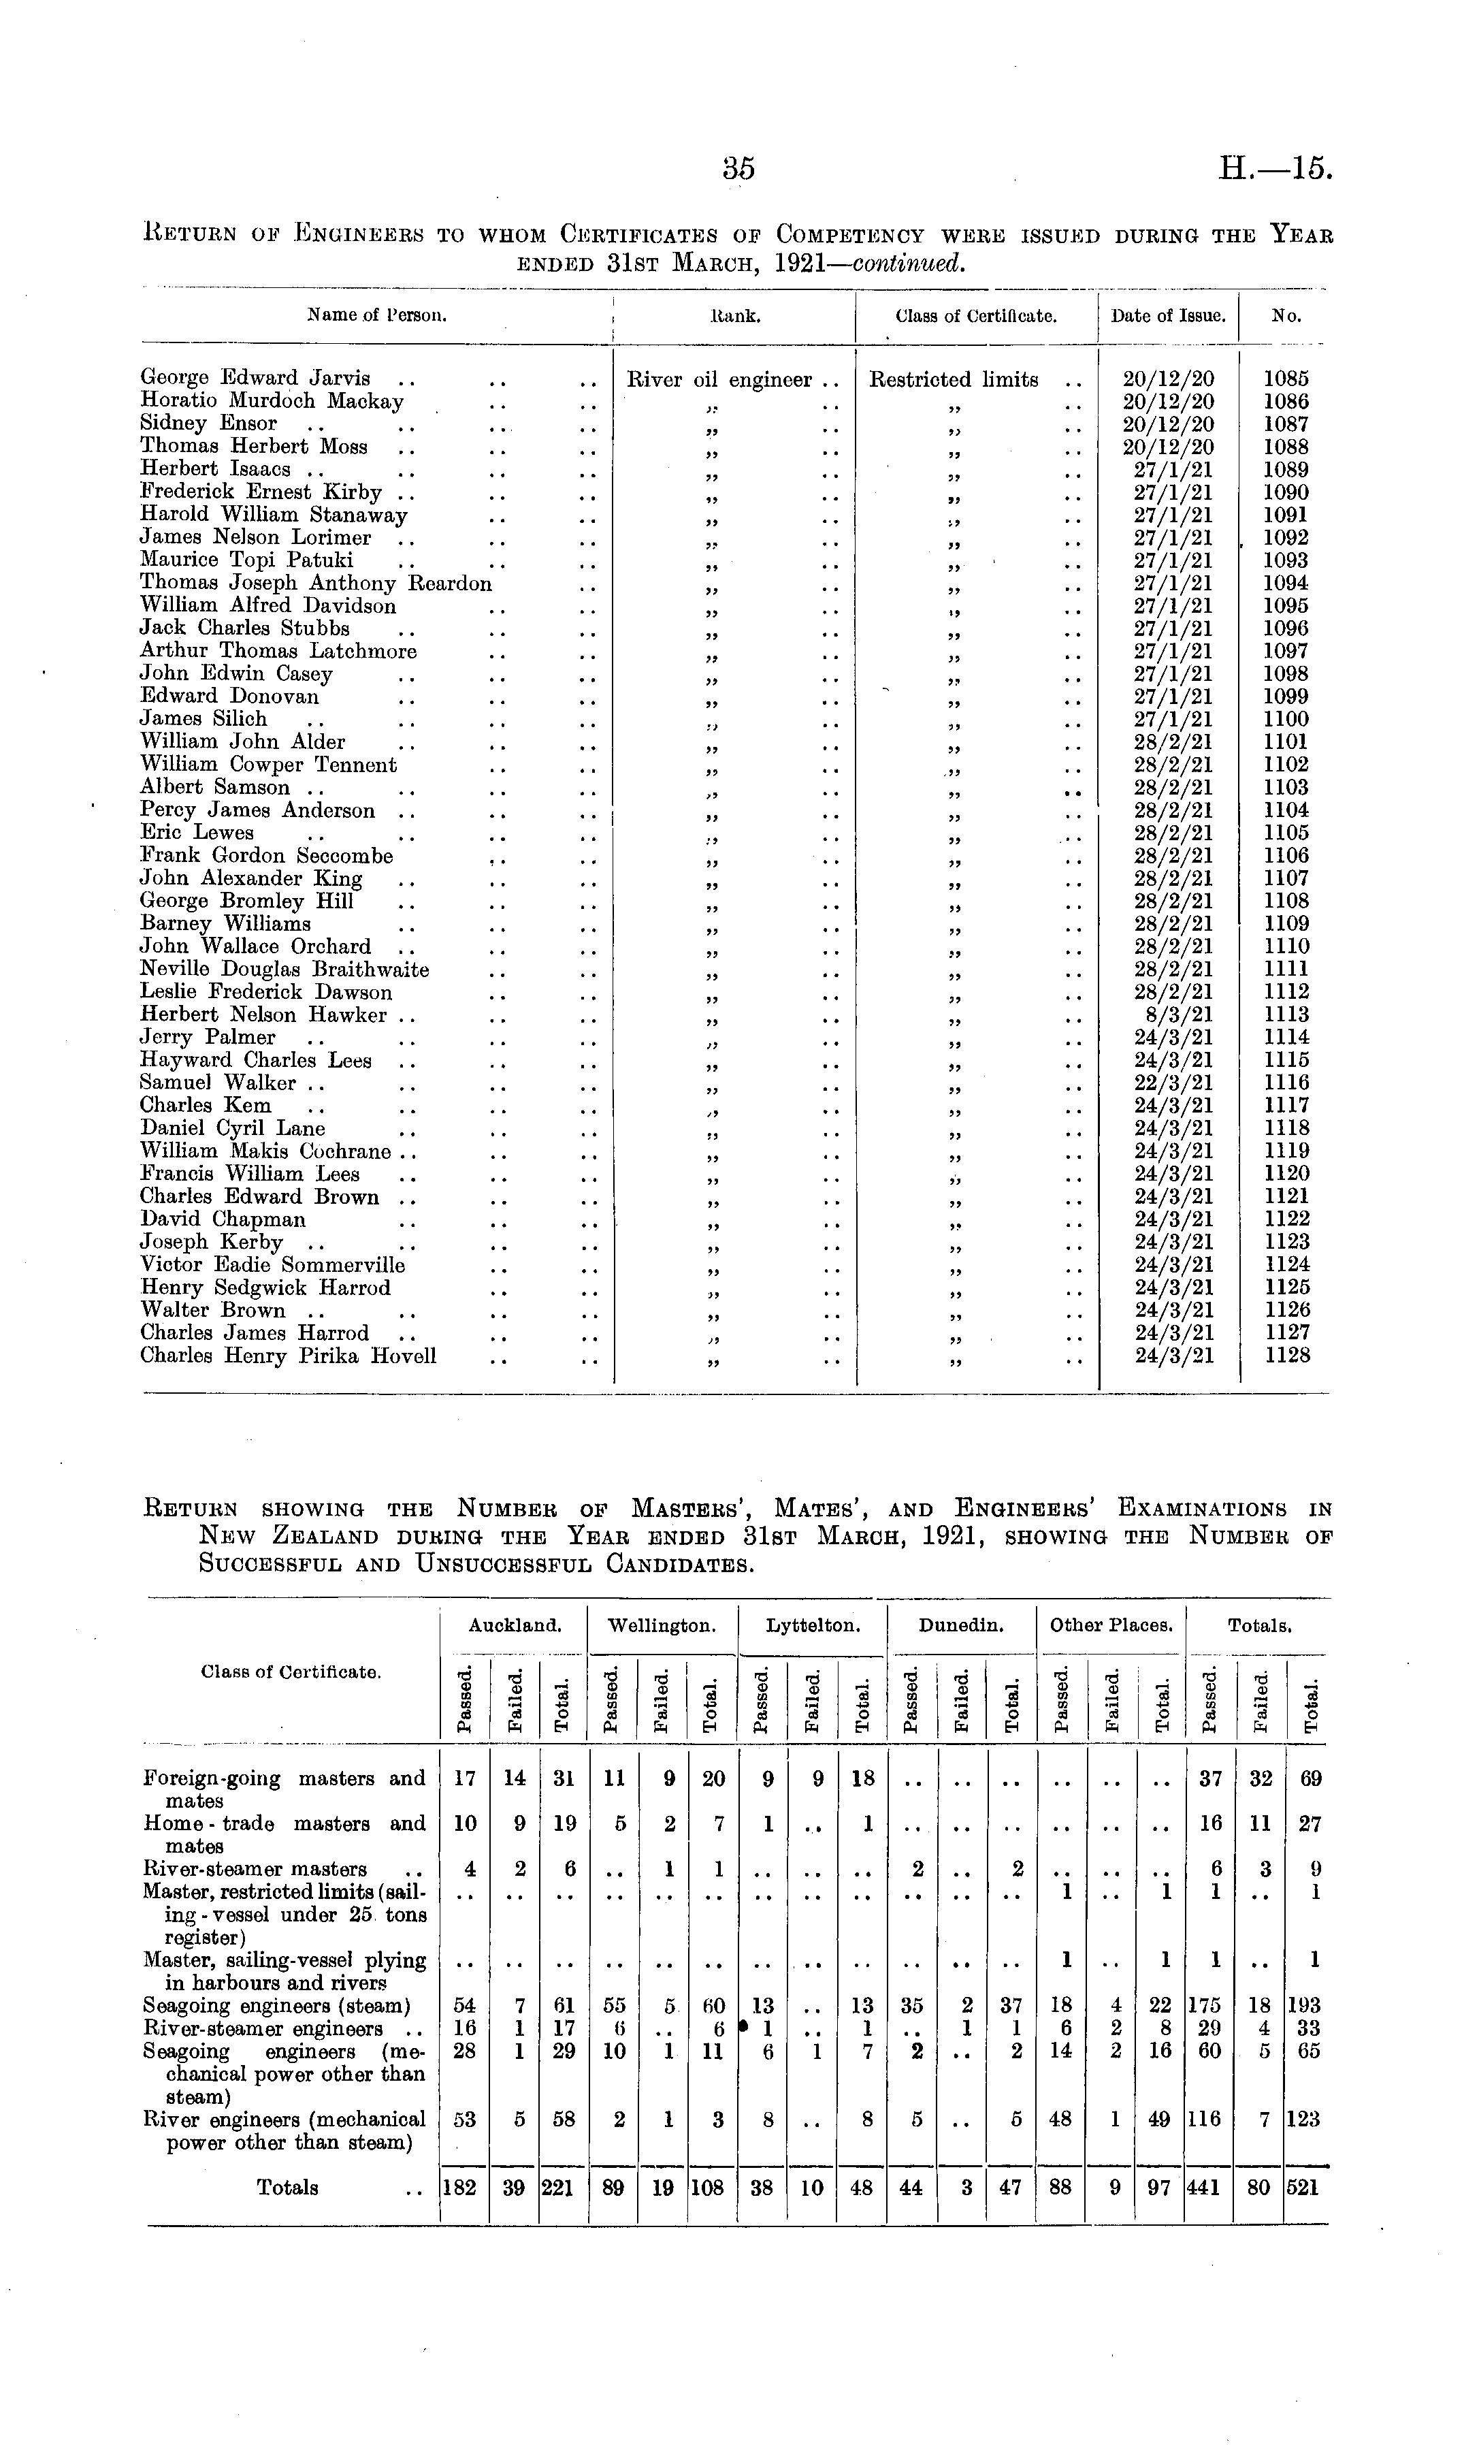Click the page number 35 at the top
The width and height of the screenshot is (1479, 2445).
[739, 170]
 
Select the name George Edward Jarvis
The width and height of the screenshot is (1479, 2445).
[255, 378]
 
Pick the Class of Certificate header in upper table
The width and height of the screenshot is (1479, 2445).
[975, 317]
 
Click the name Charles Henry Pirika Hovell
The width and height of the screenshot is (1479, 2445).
[288, 1356]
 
